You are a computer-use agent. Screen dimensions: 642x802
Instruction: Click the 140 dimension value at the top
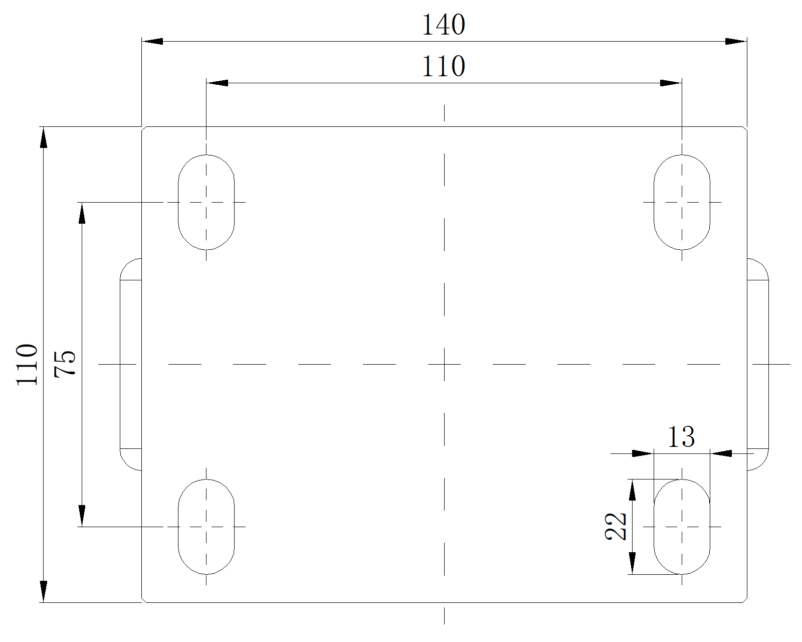[x=444, y=25]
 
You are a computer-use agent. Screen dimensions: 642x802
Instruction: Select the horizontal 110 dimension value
[x=444, y=66]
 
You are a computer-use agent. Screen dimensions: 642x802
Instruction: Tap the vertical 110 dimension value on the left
[x=28, y=365]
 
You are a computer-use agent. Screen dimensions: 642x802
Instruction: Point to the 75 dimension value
[x=66, y=364]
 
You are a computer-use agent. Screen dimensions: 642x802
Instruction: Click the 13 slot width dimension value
[x=681, y=437]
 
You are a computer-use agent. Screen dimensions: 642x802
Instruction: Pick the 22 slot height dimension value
[x=617, y=526]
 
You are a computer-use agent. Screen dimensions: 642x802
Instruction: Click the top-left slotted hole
[x=206, y=202]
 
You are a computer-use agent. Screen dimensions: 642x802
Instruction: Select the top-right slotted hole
[x=682, y=202]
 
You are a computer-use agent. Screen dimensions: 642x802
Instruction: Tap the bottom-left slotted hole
[x=206, y=527]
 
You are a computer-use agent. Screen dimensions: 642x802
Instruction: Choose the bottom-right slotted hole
[x=682, y=527]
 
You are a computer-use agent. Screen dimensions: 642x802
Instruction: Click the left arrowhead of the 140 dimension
[x=152, y=41]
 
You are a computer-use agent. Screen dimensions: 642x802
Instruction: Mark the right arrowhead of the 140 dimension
[x=736, y=41]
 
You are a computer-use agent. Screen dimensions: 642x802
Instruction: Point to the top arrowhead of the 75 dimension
[x=82, y=213]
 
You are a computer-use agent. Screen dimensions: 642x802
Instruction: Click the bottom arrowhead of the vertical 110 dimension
[x=44, y=591]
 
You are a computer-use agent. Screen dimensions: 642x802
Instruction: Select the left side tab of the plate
[x=131, y=365]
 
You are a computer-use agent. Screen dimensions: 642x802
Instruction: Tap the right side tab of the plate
[x=757, y=365]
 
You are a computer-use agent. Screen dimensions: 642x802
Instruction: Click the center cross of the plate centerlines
[x=444, y=365]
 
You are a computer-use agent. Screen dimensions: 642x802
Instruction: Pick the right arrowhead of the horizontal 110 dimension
[x=671, y=83]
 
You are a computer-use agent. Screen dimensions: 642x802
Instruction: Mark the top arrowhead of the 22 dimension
[x=633, y=490]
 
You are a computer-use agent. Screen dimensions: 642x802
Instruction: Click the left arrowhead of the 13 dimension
[x=643, y=453]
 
